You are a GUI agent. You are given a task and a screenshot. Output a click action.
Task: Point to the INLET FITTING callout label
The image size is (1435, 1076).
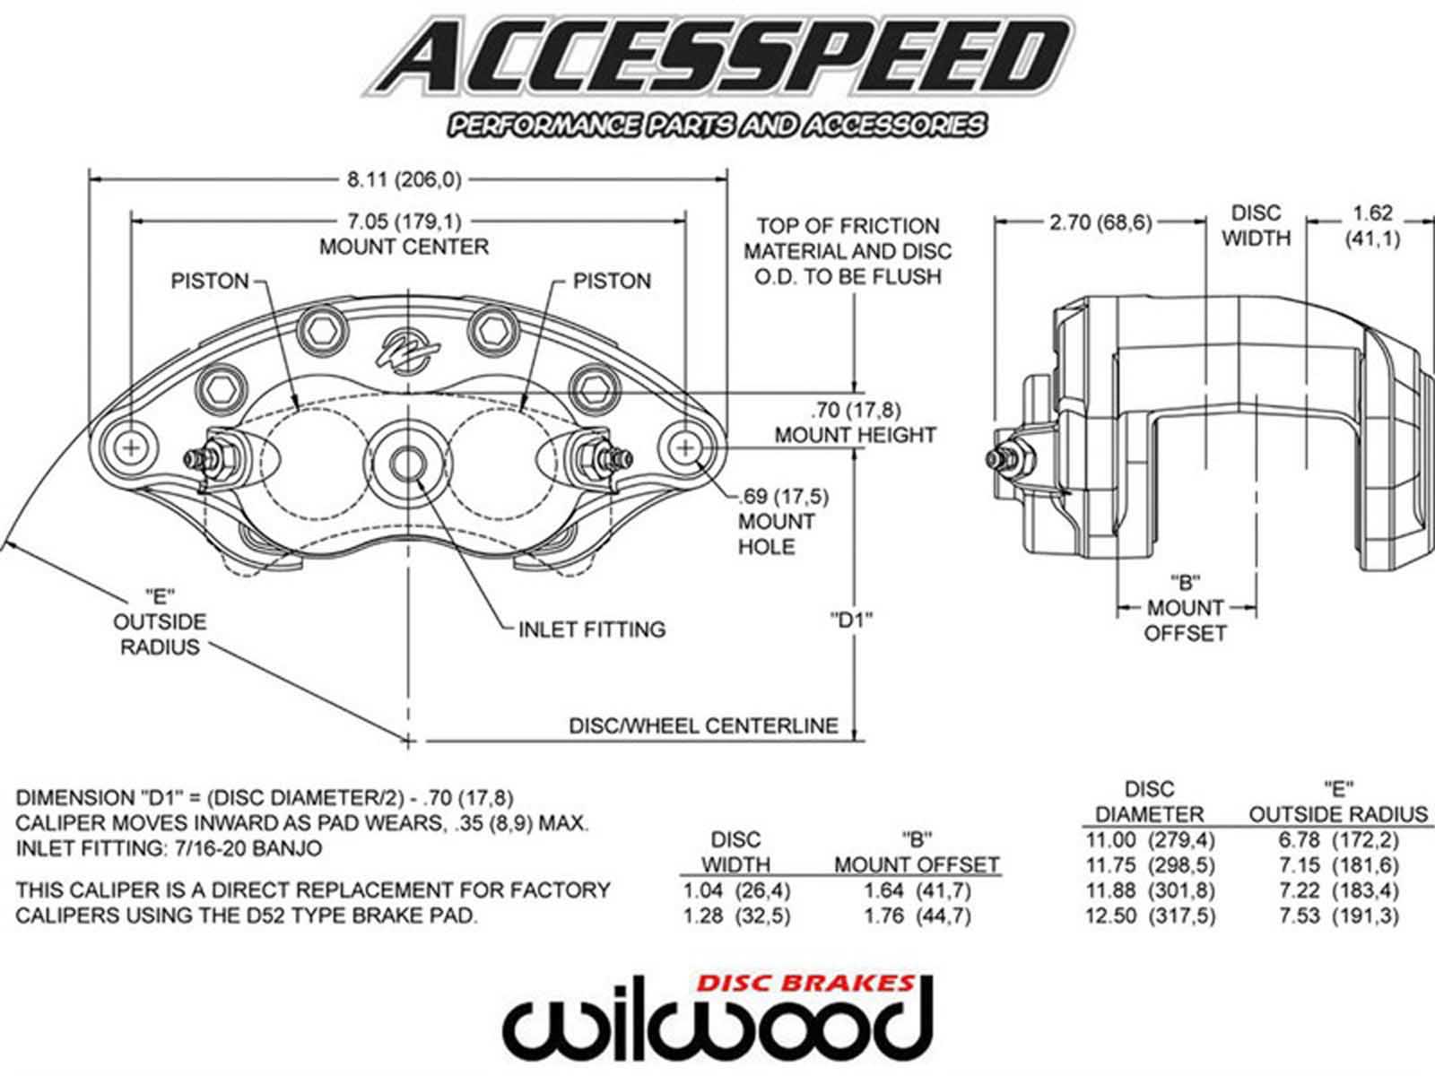[x=592, y=629]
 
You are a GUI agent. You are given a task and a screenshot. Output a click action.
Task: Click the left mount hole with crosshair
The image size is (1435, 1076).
[x=132, y=447]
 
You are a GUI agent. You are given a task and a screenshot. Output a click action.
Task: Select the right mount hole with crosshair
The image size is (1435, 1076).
[x=687, y=447]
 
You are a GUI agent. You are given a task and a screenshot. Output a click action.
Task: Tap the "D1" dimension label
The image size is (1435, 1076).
[x=851, y=619]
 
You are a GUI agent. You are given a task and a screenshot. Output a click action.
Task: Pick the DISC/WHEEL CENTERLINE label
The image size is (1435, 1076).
[x=704, y=725]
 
